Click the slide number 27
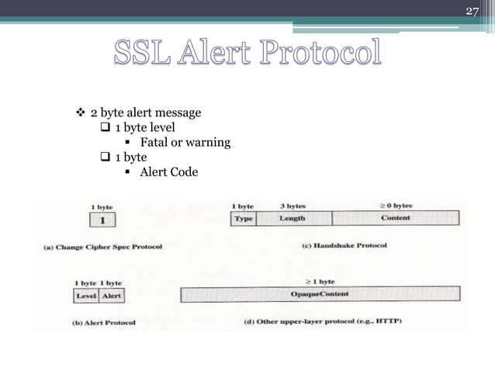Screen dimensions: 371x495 click(x=471, y=11)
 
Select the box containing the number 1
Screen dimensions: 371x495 click(x=103, y=220)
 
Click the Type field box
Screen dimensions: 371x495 click(x=243, y=218)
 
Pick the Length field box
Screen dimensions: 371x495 click(x=292, y=218)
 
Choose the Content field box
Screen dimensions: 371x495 click(x=396, y=218)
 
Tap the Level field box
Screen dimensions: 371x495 click(x=86, y=296)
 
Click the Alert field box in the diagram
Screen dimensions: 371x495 click(x=112, y=296)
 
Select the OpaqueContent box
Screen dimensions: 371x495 click(x=320, y=294)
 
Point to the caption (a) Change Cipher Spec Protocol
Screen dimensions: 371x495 click(x=102, y=248)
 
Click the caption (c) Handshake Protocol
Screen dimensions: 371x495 click(x=343, y=246)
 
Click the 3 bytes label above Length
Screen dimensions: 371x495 click(x=292, y=206)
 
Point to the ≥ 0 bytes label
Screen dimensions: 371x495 click(x=396, y=206)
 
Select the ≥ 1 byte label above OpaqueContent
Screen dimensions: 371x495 click(x=319, y=281)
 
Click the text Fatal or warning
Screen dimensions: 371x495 click(x=185, y=142)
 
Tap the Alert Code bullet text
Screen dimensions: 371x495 click(x=168, y=172)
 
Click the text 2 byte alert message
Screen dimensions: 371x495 click(x=146, y=113)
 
